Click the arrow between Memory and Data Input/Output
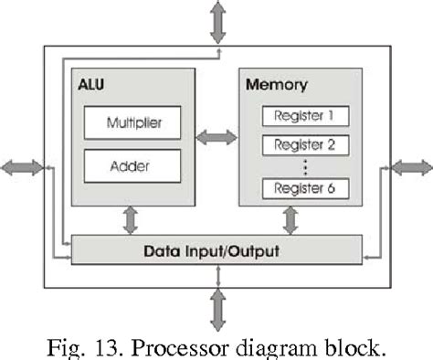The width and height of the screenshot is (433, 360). tap(292, 220)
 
